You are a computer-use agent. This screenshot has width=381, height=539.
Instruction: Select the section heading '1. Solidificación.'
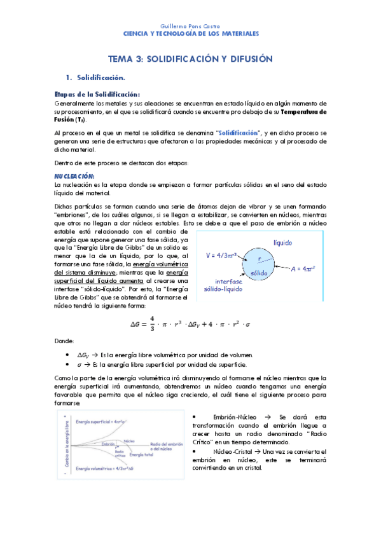point(106,78)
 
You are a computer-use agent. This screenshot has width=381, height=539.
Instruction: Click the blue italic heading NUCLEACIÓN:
point(74,175)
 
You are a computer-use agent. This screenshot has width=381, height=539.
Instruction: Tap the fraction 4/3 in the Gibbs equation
point(152,323)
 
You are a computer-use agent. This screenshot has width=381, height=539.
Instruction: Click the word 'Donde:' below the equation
point(65,341)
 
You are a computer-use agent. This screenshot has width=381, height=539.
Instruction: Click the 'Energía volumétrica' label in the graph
point(104,468)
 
